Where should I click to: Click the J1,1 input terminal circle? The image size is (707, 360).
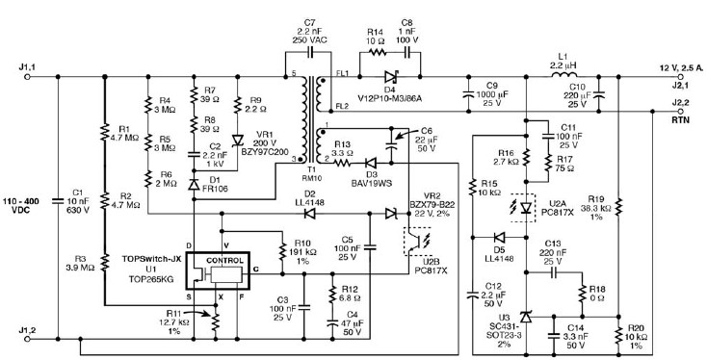click(27, 77)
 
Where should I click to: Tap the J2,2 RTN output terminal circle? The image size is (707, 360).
click(680, 112)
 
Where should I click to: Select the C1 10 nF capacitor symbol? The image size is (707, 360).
click(58, 201)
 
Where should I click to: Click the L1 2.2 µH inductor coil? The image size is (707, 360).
click(563, 74)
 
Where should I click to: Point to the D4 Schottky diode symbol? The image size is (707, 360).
click(390, 77)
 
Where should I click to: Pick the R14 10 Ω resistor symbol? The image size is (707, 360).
click(377, 52)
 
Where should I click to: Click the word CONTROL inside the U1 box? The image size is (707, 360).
click(224, 261)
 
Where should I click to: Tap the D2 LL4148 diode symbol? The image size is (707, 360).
click(309, 214)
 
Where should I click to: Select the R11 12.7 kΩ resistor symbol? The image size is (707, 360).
click(215, 321)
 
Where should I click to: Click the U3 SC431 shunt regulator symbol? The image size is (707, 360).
click(526, 317)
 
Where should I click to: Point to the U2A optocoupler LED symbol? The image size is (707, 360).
click(526, 208)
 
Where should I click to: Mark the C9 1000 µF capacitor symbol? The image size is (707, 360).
click(468, 94)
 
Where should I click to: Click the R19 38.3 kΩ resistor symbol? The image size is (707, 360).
click(618, 206)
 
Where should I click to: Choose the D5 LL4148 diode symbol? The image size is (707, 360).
click(498, 237)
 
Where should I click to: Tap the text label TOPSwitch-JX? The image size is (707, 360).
click(151, 259)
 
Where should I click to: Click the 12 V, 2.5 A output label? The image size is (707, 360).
click(679, 68)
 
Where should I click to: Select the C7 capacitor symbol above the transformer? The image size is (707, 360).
click(310, 52)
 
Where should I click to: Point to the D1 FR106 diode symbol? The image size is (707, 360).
click(194, 184)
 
